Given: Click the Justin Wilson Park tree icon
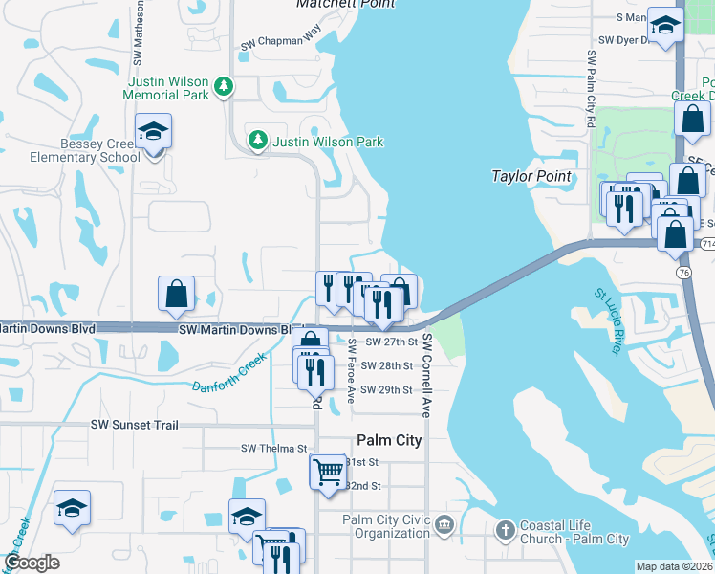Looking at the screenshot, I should (257, 142).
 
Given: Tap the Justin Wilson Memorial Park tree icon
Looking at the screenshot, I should (224, 88).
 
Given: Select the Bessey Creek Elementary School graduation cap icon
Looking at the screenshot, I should (152, 132).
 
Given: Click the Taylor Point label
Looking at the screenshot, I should (531, 176).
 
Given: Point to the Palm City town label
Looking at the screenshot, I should (389, 441).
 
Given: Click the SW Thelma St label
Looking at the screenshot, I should (273, 448).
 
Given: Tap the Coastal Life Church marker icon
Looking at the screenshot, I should (505, 529).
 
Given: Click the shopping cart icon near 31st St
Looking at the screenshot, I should (327, 471).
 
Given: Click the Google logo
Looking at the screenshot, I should (32, 563).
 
